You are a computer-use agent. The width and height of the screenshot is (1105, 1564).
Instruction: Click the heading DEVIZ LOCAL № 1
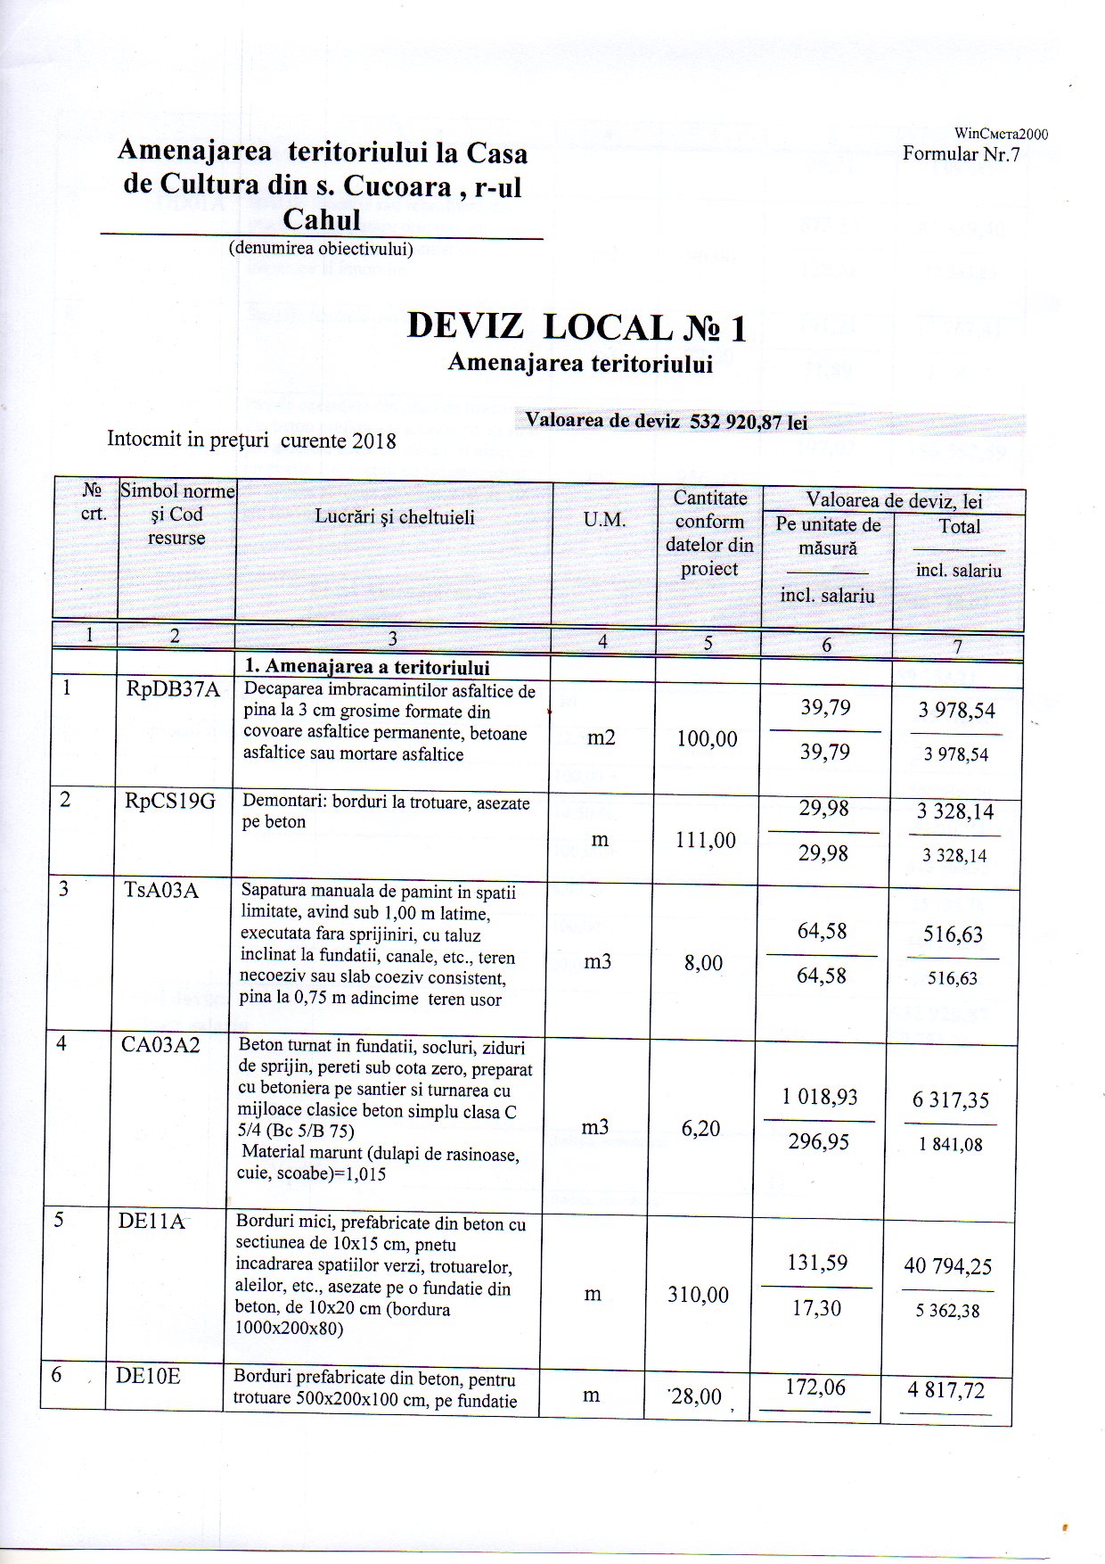tap(577, 327)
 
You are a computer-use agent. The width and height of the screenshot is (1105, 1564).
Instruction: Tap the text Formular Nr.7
tap(961, 153)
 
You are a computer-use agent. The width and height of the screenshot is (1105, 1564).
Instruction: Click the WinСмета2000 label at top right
tap(1001, 134)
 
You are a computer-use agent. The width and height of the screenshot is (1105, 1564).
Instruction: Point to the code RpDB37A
tap(173, 689)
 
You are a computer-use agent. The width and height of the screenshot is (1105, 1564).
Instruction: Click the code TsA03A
tap(161, 889)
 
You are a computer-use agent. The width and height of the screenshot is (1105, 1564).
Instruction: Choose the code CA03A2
tap(160, 1045)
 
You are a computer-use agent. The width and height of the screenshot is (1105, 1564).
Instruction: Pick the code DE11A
tap(151, 1221)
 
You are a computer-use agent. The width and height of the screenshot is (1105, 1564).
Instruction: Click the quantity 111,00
tap(706, 840)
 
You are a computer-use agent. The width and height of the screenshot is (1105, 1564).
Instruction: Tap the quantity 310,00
tap(698, 1295)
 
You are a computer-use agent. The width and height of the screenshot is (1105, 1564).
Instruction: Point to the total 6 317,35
tap(950, 1100)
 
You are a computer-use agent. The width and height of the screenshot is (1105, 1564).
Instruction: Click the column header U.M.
tap(604, 520)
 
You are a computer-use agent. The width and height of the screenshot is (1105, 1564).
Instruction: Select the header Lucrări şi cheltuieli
tap(395, 517)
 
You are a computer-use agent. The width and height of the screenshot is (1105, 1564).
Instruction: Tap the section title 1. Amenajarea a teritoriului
tap(367, 667)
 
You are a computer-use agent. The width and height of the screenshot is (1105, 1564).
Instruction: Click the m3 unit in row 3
tap(597, 962)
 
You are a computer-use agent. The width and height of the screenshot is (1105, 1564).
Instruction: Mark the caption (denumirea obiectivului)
tap(321, 249)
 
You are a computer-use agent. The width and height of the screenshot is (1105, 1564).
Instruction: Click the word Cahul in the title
tap(321, 219)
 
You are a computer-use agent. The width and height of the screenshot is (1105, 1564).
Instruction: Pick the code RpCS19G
tap(170, 801)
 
